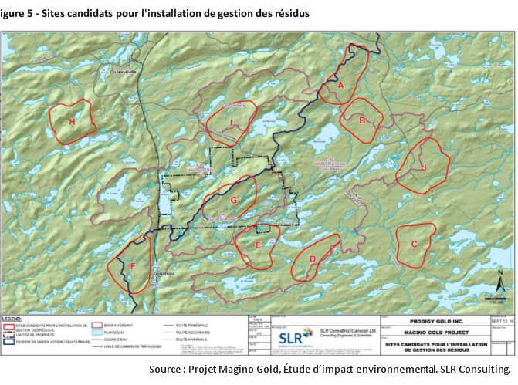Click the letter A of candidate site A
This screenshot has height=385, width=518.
point(340,87)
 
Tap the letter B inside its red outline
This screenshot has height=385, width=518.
point(361,120)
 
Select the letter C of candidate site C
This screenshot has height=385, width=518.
point(414,245)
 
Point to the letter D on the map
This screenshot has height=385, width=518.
point(313,260)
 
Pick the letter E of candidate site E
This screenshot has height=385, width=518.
point(257,245)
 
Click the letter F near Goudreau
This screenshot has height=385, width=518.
point(133,267)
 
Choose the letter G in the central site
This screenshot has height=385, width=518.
point(232,201)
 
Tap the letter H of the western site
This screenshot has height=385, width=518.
point(72,122)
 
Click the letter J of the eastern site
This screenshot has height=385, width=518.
point(424,167)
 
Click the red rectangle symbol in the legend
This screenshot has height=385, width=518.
point(8,327)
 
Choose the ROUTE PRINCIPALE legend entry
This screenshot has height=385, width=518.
point(195,327)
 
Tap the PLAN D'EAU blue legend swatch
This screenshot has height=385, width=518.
point(97,333)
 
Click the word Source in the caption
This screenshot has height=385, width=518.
point(166,369)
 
